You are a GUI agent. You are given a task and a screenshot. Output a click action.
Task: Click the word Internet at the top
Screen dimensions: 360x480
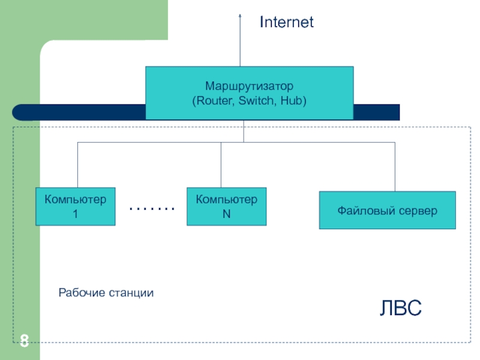pyautogui.click(x=287, y=23)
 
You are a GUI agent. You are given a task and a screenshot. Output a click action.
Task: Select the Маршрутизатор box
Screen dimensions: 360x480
pyautogui.click(x=249, y=92)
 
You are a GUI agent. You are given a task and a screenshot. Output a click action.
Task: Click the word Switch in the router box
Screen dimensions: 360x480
pyautogui.click(x=256, y=101)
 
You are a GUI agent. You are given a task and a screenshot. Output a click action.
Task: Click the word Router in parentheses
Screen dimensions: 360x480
pyautogui.click(x=214, y=101)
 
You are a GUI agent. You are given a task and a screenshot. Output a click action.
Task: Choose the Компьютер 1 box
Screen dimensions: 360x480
pyautogui.click(x=76, y=206)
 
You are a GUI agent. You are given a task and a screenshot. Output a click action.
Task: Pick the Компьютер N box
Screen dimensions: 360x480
pyautogui.click(x=227, y=206)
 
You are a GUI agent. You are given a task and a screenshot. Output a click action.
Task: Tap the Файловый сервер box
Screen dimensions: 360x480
pyautogui.click(x=387, y=210)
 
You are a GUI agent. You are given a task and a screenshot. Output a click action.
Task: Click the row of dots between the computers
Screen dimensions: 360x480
pyautogui.click(x=152, y=209)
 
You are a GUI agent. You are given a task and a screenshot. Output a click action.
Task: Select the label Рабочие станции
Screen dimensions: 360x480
pyautogui.click(x=106, y=293)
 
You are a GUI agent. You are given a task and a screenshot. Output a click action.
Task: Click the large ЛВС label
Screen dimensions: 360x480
pyautogui.click(x=401, y=308)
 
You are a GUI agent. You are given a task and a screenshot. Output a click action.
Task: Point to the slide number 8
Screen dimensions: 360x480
pyautogui.click(x=24, y=341)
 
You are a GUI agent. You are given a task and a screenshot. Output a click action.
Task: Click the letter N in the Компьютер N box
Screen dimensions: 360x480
pyautogui.click(x=227, y=214)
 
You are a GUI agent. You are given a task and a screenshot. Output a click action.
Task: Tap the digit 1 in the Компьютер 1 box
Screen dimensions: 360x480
pyautogui.click(x=76, y=214)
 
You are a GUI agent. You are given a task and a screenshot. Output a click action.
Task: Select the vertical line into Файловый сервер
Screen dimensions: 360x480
pyautogui.click(x=395, y=167)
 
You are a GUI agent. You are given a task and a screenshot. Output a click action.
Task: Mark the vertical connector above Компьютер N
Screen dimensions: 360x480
pyautogui.click(x=221, y=165)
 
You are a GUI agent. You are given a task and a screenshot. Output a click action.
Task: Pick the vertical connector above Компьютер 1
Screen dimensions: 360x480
pyautogui.click(x=77, y=165)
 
